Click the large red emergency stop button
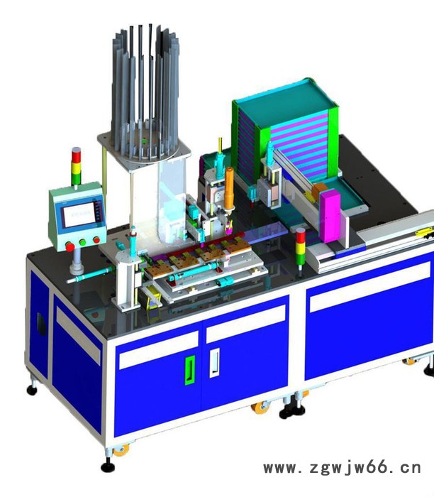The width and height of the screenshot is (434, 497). (x=69, y=246)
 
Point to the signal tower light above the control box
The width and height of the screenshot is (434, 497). (x=76, y=166)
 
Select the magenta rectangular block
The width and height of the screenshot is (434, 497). (x=330, y=215)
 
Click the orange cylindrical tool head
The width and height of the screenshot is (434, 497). (x=229, y=188)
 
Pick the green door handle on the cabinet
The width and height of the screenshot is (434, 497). (x=189, y=370)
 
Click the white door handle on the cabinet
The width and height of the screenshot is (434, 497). (x=214, y=363)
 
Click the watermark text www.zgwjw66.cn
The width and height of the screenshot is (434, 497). (x=343, y=468)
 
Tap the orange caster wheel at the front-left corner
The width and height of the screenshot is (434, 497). (x=121, y=450)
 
